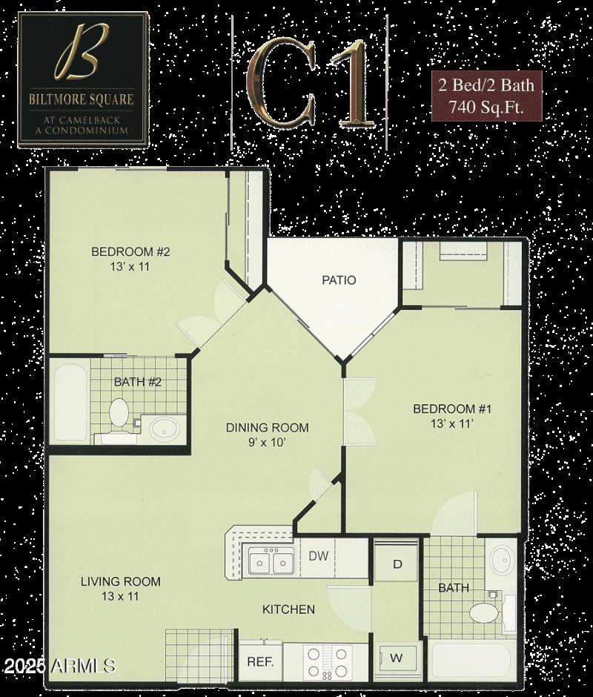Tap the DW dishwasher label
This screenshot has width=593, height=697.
318,556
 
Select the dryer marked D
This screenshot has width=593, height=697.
397,564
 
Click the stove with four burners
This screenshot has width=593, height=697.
326,662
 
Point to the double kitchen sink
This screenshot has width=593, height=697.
270,562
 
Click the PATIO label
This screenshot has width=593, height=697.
339,280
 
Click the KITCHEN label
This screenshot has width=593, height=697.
289,610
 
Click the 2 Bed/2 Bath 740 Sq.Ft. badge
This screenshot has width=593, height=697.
486,96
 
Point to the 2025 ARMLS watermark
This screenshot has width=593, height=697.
59,665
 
